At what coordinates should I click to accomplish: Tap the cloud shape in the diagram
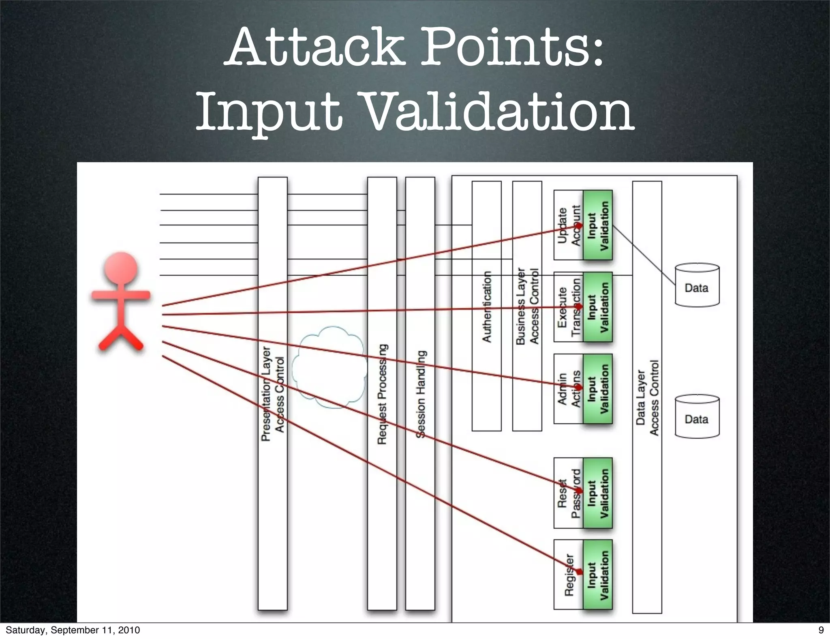tap(329, 367)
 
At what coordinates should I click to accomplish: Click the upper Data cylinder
tap(697, 285)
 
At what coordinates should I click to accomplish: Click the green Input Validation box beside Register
tap(598, 574)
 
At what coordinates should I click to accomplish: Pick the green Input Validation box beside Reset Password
tap(598, 493)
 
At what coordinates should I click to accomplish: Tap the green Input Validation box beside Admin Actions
tap(598, 389)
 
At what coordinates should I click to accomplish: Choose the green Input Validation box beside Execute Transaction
tap(598, 307)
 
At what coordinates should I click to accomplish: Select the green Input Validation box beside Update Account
tap(598, 225)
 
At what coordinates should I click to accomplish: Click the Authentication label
tap(487, 307)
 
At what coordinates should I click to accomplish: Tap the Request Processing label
tap(382, 394)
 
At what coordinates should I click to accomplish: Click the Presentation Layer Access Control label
tap(273, 393)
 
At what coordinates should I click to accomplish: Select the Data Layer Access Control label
tap(647, 397)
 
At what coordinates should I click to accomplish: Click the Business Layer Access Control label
tap(527, 307)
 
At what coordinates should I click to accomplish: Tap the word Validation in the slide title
tap(498, 111)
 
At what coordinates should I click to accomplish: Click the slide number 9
tap(821, 630)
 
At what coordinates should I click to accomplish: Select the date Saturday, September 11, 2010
tap(73, 630)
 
